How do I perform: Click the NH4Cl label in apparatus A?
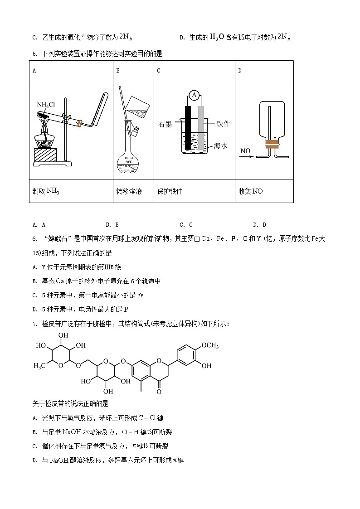pyautogui.click(x=46, y=105)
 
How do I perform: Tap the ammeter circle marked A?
pyautogui.click(x=194, y=95)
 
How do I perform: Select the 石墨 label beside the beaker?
pyautogui.click(x=165, y=125)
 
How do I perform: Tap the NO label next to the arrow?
pyautogui.click(x=246, y=150)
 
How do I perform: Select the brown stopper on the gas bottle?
pyautogui.click(x=272, y=145)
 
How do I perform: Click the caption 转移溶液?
pyautogui.click(x=129, y=191)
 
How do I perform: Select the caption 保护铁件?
pyautogui.click(x=170, y=191)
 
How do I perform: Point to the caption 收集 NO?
pyautogui.click(x=251, y=191)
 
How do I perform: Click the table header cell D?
pyautogui.click(x=240, y=70)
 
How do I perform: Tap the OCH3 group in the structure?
pyautogui.click(x=210, y=346)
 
